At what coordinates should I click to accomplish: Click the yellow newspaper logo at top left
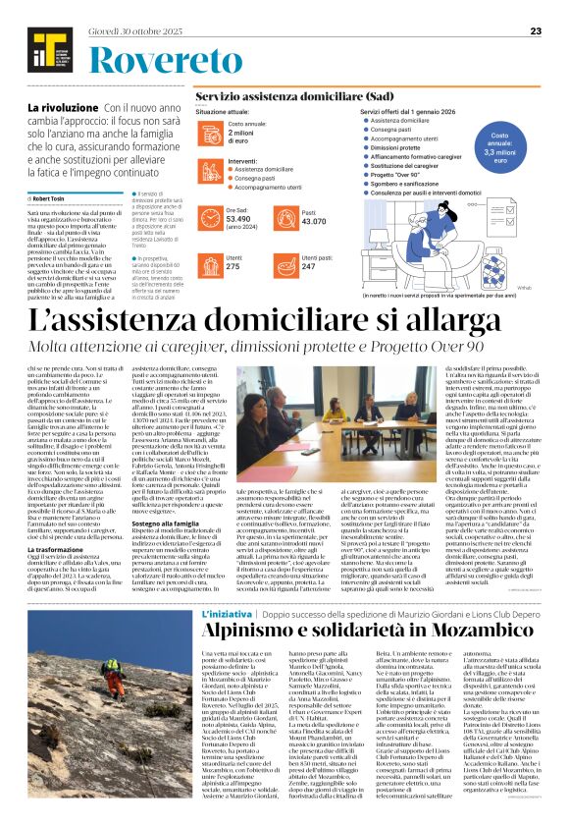pos(42,45)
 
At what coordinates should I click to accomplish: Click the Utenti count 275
pos(233,266)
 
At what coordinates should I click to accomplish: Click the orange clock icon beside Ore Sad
pos(209,216)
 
